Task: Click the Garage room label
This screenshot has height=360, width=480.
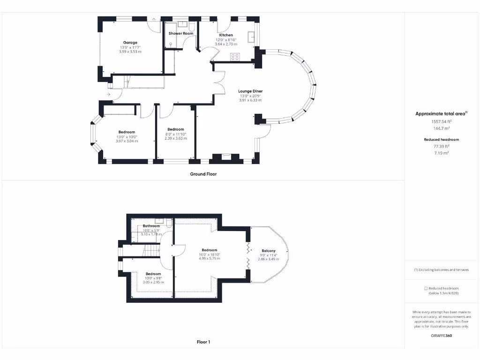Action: click(130, 43)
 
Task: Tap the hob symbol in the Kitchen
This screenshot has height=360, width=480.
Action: click(235, 57)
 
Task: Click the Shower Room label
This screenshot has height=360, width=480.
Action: click(181, 34)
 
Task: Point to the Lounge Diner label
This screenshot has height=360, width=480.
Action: click(250, 91)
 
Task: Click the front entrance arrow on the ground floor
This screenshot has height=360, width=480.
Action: click(109, 95)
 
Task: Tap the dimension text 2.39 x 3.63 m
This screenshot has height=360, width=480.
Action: click(175, 138)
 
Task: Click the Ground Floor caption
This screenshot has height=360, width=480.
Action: click(203, 174)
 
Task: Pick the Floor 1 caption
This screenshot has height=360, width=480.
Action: click(203, 342)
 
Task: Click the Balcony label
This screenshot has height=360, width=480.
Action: click(268, 250)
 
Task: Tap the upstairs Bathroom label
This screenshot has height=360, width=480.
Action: click(152, 226)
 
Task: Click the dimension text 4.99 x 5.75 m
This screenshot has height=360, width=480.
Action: click(209, 258)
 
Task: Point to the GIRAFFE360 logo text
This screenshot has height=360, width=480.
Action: click(442, 336)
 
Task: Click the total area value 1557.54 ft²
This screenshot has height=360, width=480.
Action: click(441, 121)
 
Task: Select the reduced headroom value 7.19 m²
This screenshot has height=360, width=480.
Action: click(441, 153)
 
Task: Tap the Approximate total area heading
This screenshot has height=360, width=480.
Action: click(441, 114)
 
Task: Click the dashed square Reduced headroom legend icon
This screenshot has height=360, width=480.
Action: click(426, 288)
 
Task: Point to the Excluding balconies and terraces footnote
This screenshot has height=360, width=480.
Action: click(441, 270)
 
